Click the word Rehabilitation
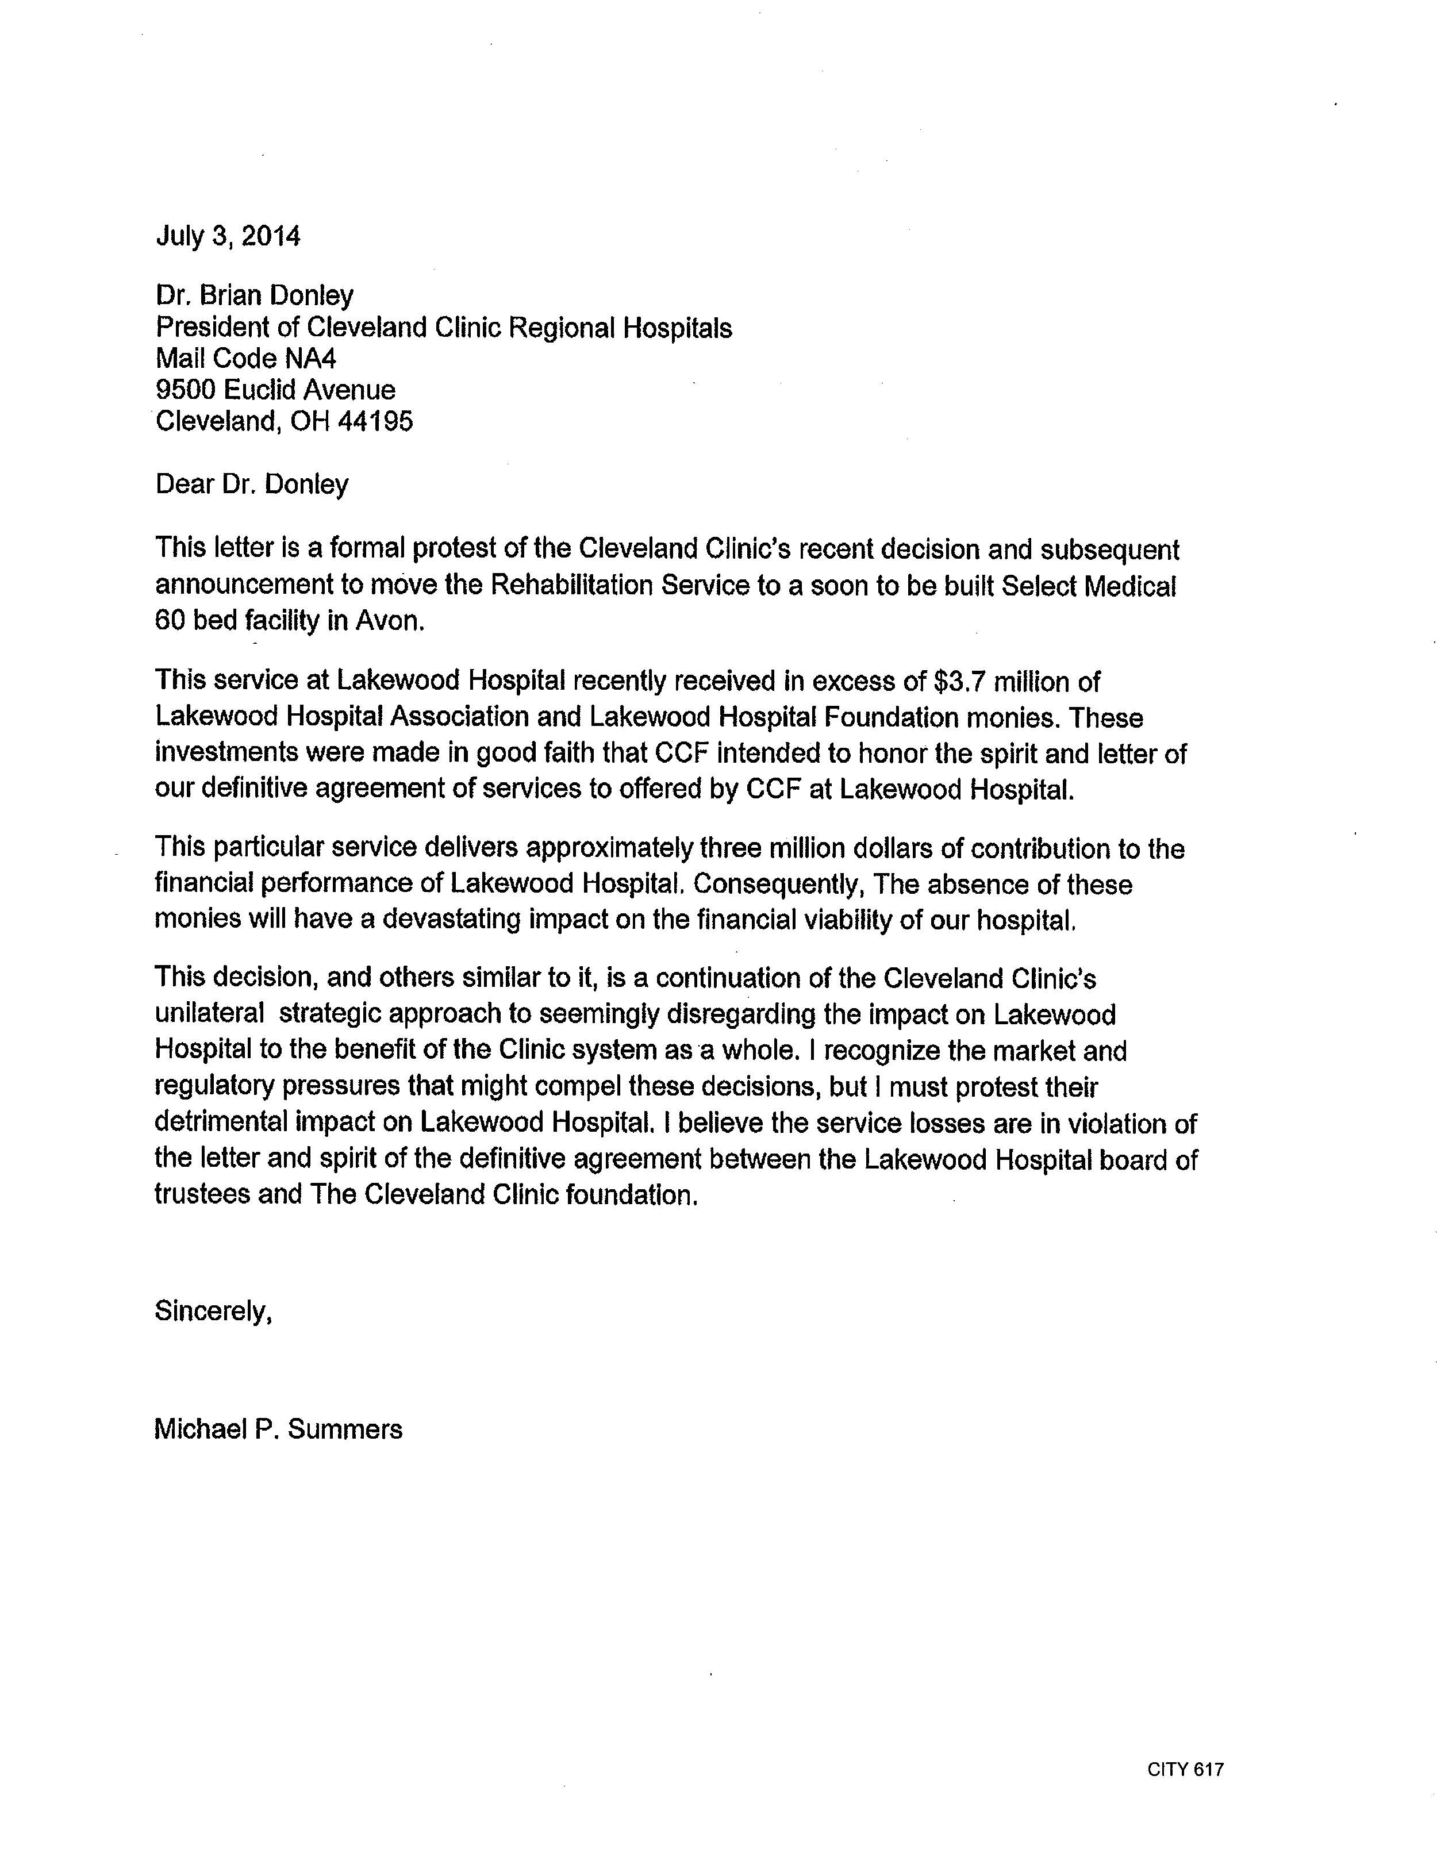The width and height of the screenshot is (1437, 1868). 571,585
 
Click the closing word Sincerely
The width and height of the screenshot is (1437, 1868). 213,1310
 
